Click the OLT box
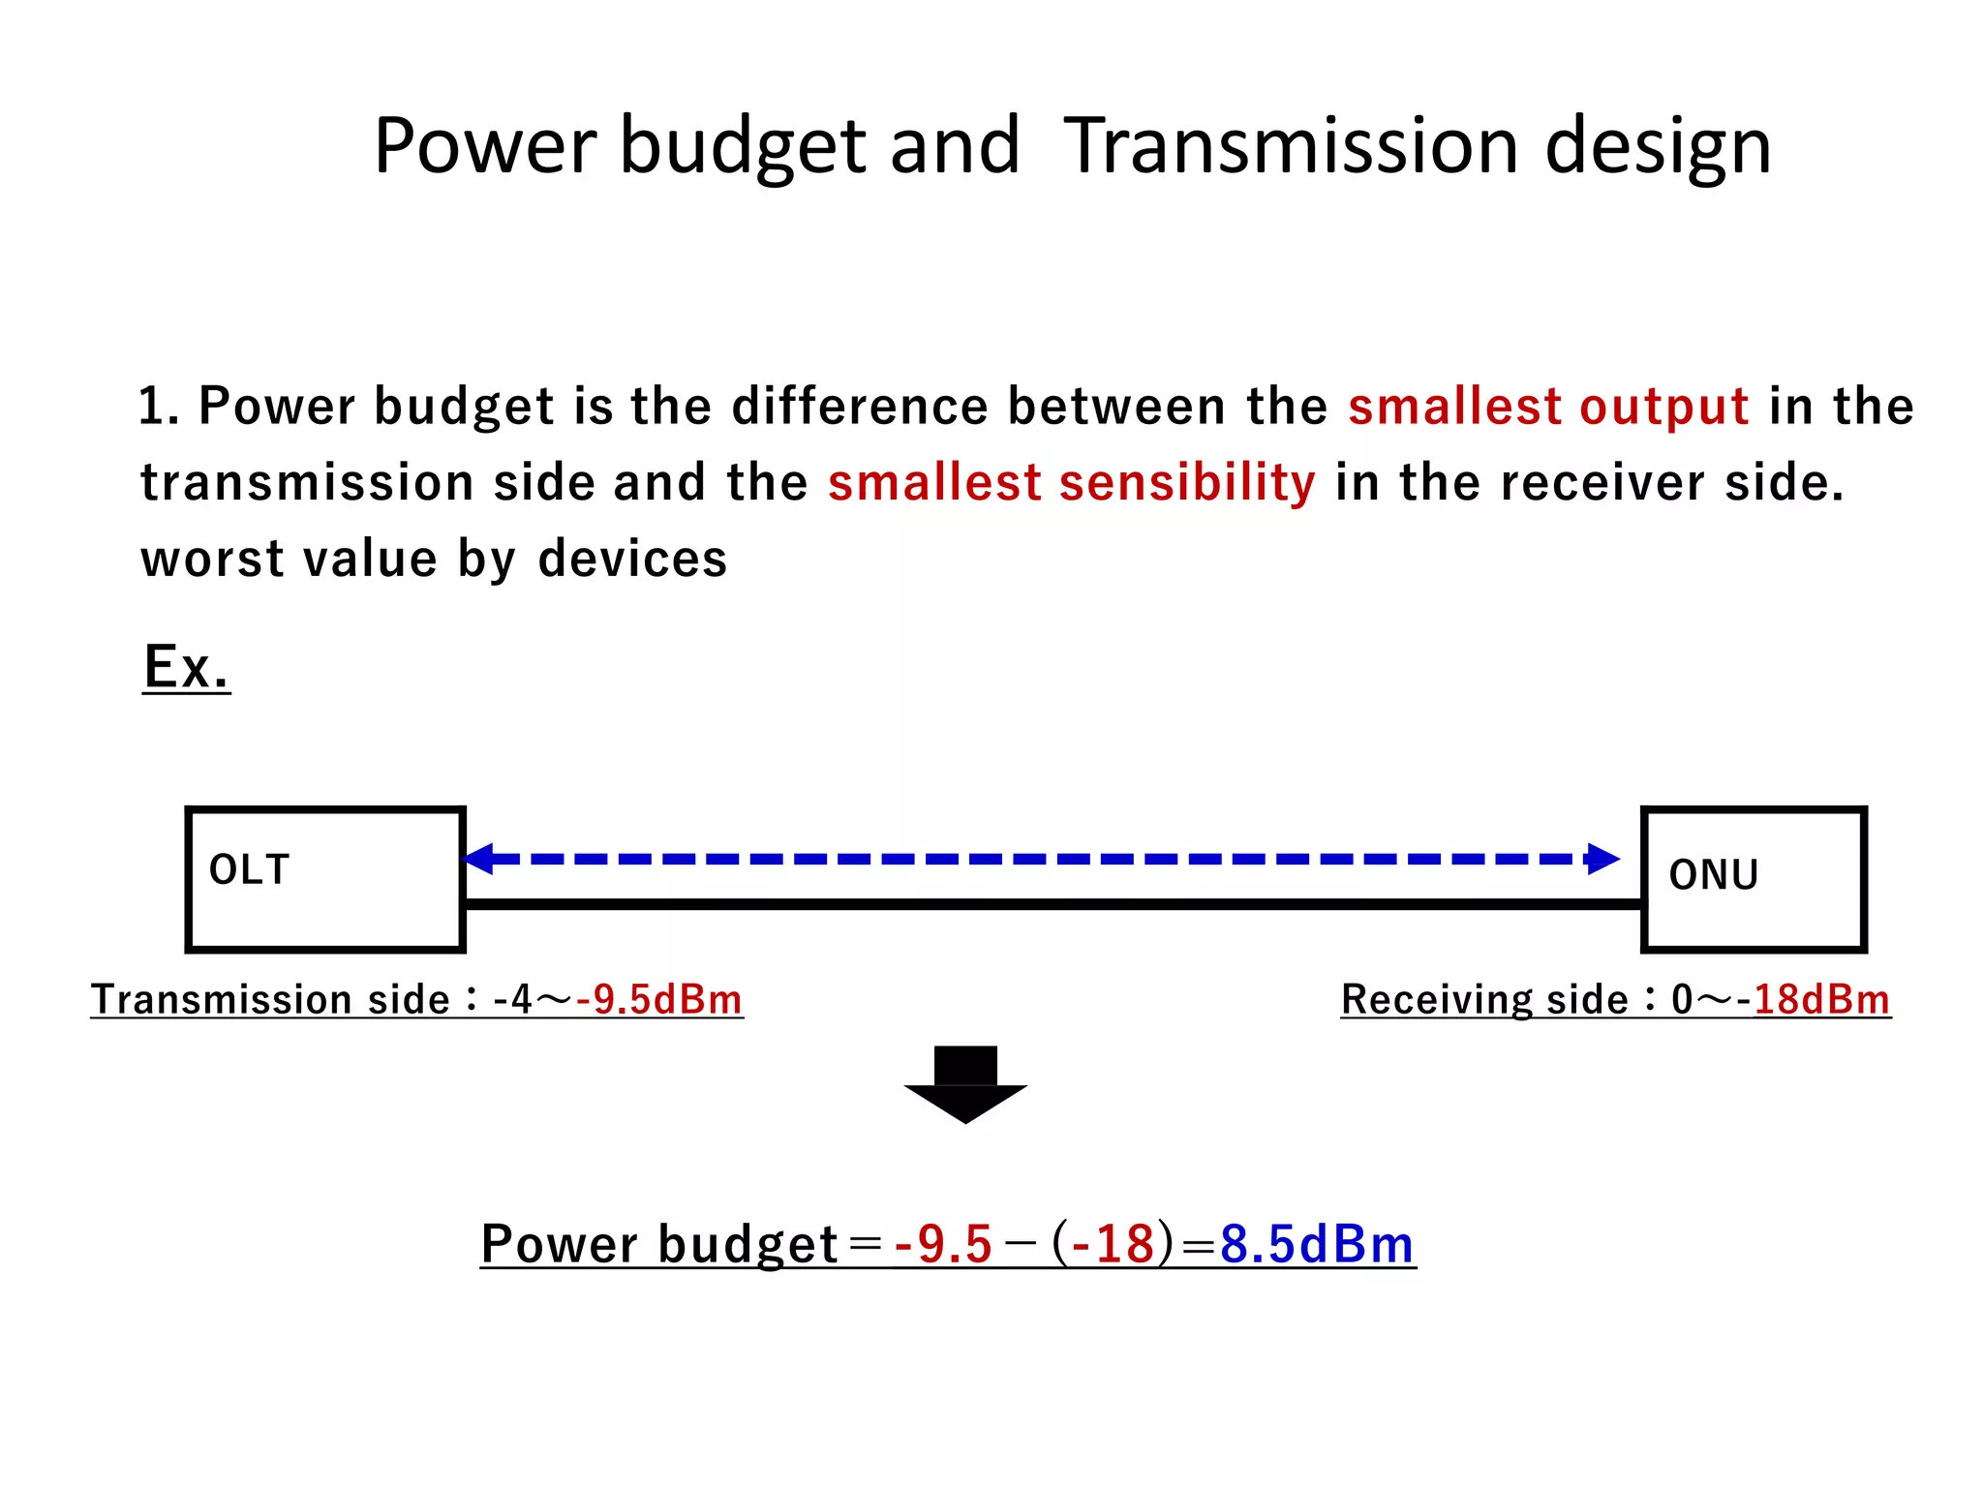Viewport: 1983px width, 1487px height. click(x=325, y=879)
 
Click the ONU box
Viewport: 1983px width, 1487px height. click(x=1754, y=879)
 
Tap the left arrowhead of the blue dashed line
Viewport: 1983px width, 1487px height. click(x=479, y=859)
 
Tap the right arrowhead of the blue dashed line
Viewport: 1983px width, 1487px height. click(x=1602, y=859)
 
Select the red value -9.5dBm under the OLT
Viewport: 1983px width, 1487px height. click(x=659, y=1000)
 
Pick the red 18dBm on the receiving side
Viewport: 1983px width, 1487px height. click(x=1821, y=1000)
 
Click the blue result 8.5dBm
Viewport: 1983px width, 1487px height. click(x=1317, y=1244)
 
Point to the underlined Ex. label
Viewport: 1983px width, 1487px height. click(x=186, y=667)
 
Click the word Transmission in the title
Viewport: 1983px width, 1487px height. click(x=1291, y=146)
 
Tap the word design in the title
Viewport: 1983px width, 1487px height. click(x=1658, y=146)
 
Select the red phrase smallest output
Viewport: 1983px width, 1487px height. click(x=1548, y=406)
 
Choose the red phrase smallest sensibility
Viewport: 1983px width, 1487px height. click(x=1072, y=482)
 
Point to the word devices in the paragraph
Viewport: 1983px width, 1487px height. click(x=632, y=560)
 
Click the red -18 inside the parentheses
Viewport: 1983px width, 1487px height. click(x=1114, y=1244)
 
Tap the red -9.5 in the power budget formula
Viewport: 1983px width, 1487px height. click(x=943, y=1244)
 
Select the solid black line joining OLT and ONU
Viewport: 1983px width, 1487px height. click(x=1053, y=904)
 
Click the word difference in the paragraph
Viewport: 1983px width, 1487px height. click(x=859, y=406)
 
